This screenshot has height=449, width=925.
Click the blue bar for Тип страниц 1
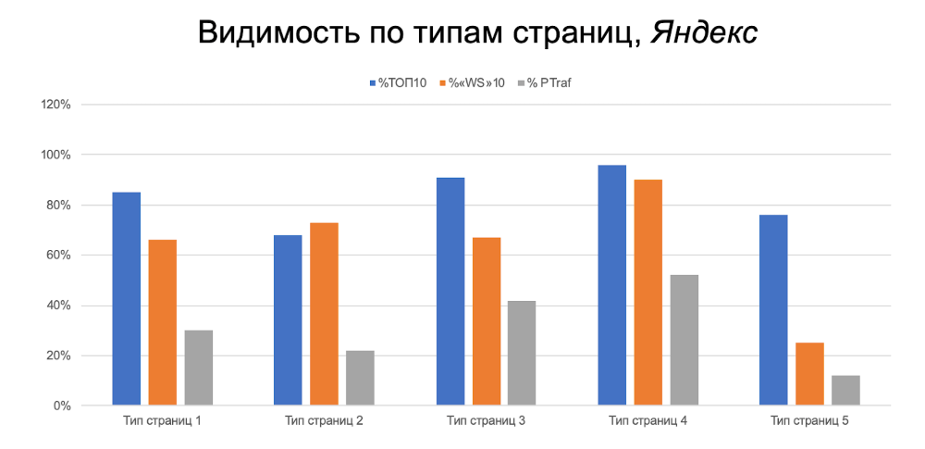(127, 298)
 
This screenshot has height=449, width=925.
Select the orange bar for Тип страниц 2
(324, 314)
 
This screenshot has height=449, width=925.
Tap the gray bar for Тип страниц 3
(522, 353)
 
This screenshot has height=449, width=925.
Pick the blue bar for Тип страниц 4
(611, 285)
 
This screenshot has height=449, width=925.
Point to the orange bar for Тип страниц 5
(809, 374)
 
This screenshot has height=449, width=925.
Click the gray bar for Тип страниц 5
(845, 390)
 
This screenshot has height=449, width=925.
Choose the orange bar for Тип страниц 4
(647, 293)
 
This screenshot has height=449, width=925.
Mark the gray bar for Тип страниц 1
(198, 368)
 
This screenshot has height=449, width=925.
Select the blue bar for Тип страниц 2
(288, 320)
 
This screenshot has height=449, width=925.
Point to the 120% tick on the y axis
(56, 105)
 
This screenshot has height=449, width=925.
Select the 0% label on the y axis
(62, 406)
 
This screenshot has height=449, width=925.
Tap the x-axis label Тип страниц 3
(486, 421)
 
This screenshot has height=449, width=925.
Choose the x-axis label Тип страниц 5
(809, 421)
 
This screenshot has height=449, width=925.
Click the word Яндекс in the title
(704, 33)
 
